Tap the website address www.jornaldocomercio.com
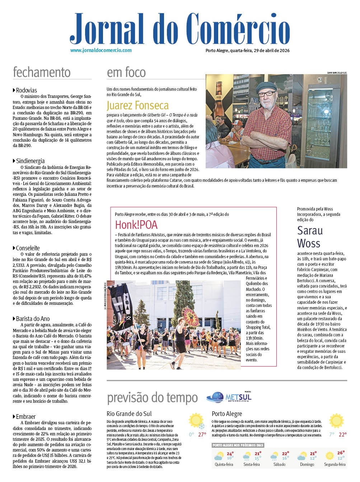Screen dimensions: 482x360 (101, 51)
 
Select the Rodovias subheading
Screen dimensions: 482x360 (26, 90)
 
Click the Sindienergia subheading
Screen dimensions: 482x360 (30, 161)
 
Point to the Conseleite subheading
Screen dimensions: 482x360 (28, 248)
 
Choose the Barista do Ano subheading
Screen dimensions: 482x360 (33, 318)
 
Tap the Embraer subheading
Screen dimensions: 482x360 (25, 416)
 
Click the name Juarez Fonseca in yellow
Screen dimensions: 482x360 (137, 105)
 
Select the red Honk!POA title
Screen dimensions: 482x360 (136, 225)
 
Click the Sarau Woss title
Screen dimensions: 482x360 (310, 237)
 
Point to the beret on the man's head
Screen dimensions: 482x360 (266, 86)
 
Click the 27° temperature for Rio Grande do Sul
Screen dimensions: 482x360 (202, 434)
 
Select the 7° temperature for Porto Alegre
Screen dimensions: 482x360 (332, 434)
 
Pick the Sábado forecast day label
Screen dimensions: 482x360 (279, 464)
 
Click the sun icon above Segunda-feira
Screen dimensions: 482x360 (329, 456)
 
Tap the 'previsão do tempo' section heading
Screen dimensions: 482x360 (152, 397)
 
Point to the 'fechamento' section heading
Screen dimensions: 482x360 (42, 72)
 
